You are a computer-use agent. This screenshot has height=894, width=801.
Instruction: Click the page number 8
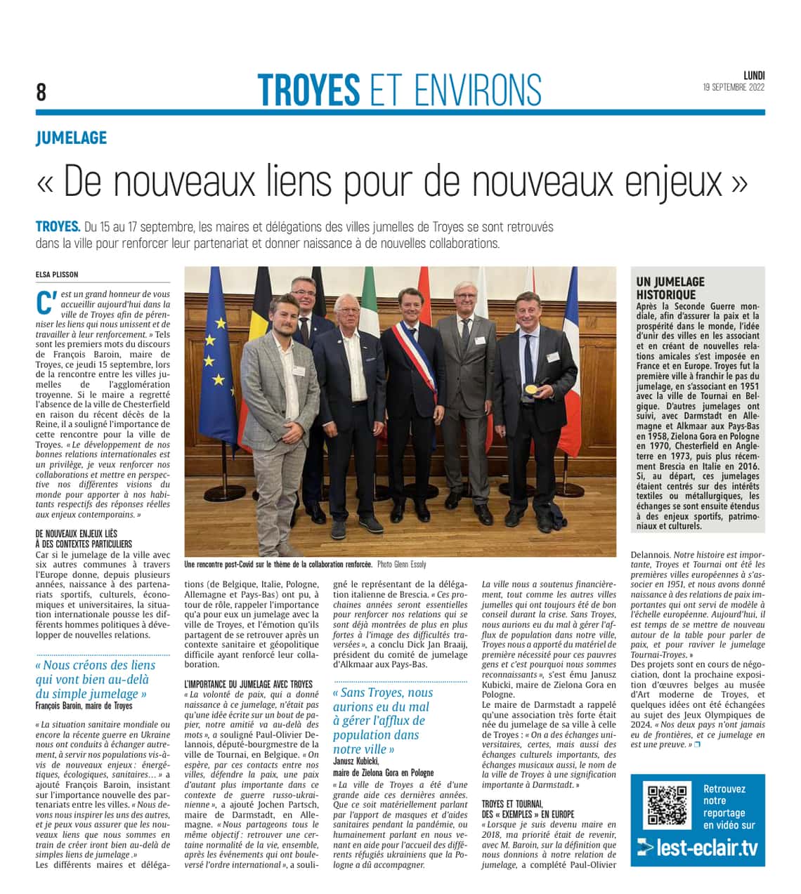pyautogui.click(x=41, y=92)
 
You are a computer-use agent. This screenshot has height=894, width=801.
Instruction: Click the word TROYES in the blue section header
pyautogui.click(x=308, y=90)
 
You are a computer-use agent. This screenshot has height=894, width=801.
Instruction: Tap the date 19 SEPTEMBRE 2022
pyautogui.click(x=734, y=88)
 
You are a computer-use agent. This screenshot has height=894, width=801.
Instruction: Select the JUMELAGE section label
pyautogui.click(x=72, y=138)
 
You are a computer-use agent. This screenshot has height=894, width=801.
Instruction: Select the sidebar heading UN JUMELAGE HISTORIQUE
pyautogui.click(x=670, y=288)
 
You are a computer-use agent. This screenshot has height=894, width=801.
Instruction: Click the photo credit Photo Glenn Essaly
pyautogui.click(x=401, y=565)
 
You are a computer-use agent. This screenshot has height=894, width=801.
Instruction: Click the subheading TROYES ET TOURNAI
pyautogui.click(x=512, y=803)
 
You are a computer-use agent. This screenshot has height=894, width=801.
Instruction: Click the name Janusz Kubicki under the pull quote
pyautogui.click(x=356, y=761)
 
